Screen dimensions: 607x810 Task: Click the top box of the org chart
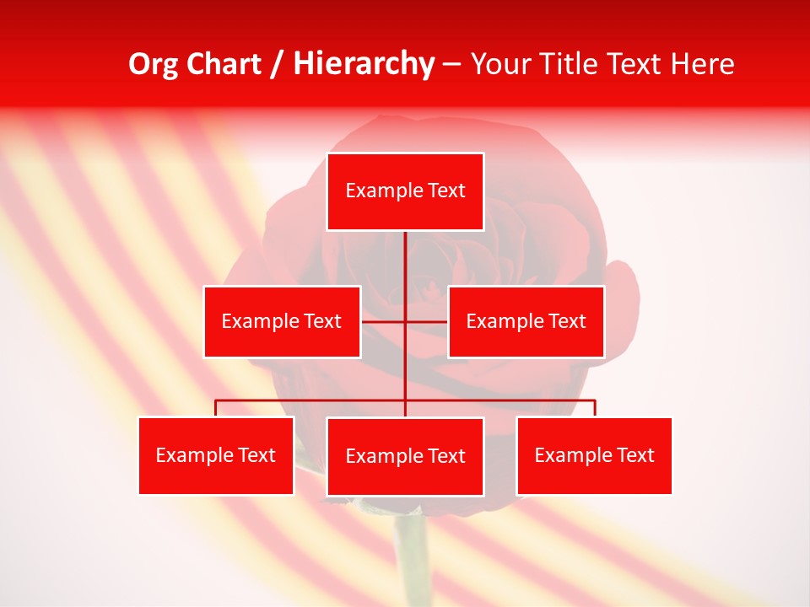(x=405, y=191)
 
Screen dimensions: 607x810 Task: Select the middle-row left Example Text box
(x=282, y=321)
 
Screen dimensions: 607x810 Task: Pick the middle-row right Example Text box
(x=526, y=321)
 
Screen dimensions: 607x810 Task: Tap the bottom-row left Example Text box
(x=216, y=455)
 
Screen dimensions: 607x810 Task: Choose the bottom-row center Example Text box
(x=405, y=456)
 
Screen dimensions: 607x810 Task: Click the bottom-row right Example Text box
(x=594, y=455)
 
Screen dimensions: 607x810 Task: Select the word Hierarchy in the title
(x=363, y=64)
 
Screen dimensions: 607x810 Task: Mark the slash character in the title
(x=277, y=65)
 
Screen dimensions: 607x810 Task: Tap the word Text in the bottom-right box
(x=636, y=455)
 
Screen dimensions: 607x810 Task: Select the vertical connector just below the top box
(x=405, y=253)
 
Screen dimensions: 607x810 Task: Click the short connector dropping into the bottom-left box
(x=216, y=408)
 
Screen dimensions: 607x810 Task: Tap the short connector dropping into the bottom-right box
(x=595, y=408)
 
